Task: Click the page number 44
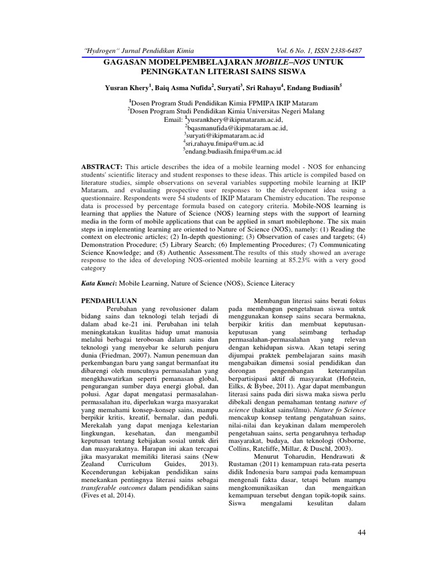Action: click(361, 533)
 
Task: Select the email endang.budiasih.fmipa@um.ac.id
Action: click(234, 151)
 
